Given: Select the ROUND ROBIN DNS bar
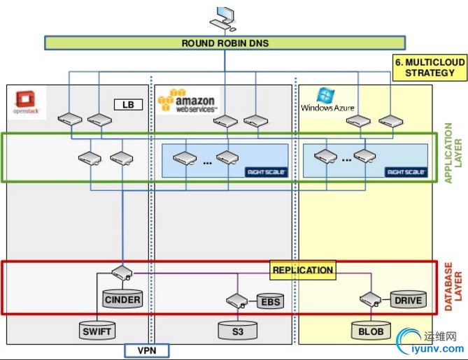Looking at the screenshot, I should (x=225, y=43).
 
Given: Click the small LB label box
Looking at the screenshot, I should (x=128, y=105).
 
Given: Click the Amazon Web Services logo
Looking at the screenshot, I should (x=187, y=102).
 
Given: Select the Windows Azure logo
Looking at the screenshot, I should (x=327, y=102).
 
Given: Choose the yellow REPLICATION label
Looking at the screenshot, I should (x=302, y=270).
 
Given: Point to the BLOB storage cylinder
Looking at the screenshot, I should (x=371, y=330).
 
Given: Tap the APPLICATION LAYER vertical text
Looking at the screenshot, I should (x=453, y=154).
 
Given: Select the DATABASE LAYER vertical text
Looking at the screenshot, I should (x=453, y=287).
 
